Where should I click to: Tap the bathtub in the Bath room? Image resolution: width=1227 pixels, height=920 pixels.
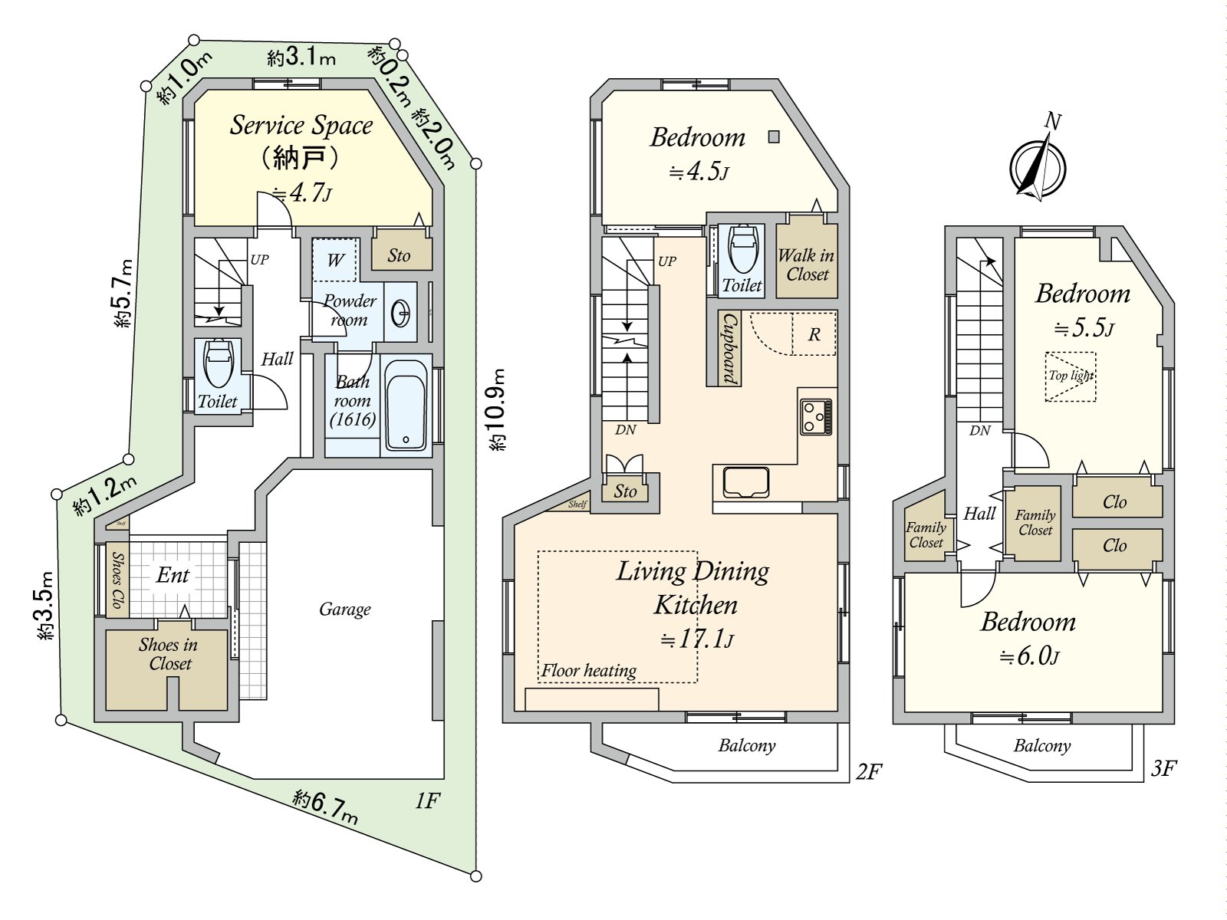(406, 405)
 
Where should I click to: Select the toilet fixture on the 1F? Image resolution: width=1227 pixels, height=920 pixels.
(219, 363)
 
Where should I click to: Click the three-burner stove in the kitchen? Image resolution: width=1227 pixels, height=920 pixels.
(816, 417)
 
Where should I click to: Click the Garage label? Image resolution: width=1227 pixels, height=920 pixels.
(345, 609)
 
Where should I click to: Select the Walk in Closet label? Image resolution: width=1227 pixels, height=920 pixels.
(807, 264)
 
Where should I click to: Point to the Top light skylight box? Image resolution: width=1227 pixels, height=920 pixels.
(1071, 376)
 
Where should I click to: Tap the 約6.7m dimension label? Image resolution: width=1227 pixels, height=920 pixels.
(325, 808)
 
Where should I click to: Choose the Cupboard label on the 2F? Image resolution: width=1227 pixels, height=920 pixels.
(729, 347)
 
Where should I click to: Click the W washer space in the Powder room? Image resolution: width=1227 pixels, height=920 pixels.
(334, 260)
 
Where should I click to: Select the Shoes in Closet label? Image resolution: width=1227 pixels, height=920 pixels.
(168, 654)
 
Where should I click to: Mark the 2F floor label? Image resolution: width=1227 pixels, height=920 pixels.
(869, 771)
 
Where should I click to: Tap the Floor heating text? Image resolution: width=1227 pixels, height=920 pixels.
(589, 670)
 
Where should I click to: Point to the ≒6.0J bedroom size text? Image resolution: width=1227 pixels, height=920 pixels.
(1029, 655)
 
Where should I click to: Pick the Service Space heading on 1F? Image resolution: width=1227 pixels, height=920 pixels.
(301, 125)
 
